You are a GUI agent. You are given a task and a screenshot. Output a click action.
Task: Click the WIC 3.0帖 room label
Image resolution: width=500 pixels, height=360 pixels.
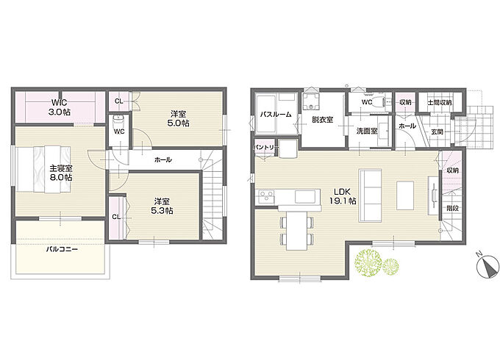click(60, 107)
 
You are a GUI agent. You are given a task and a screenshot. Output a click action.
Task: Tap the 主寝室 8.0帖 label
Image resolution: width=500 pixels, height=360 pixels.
click(60, 173)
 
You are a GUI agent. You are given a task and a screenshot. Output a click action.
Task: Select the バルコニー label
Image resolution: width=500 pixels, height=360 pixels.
click(62, 249)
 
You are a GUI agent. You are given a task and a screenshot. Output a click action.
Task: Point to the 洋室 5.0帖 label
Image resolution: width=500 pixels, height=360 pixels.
click(178, 118)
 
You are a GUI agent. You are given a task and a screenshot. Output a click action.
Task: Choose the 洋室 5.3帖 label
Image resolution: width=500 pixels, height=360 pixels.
click(162, 206)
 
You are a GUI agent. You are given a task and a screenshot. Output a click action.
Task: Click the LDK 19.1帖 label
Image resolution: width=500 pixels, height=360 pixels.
click(343, 196)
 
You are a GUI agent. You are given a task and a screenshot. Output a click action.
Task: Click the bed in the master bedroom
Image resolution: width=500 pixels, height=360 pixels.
click(43, 169)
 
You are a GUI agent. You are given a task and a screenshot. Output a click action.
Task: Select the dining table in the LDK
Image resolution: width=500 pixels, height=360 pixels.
click(296, 231)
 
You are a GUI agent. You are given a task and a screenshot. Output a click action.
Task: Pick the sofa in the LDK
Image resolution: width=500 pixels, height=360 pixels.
click(370, 195)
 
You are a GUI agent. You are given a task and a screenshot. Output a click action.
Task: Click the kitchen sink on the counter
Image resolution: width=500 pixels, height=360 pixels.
click(305, 197)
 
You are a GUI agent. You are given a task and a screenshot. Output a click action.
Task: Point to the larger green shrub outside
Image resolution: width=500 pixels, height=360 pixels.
click(368, 263)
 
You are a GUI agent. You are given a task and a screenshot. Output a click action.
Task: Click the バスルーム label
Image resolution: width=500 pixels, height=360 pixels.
click(276, 115)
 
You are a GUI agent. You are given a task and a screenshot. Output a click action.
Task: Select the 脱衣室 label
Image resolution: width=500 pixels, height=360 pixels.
click(322, 120)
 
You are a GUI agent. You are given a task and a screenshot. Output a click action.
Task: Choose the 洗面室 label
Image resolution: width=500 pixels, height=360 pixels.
click(367, 131)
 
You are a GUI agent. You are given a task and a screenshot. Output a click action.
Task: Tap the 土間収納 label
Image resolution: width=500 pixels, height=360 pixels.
click(440, 103)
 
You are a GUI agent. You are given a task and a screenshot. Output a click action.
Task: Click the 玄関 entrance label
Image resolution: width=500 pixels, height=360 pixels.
click(437, 132)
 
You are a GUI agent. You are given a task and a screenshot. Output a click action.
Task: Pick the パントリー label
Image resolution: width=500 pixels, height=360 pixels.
click(266, 148)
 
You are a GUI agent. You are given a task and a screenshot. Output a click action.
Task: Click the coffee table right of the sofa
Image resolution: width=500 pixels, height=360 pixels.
click(405, 195)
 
